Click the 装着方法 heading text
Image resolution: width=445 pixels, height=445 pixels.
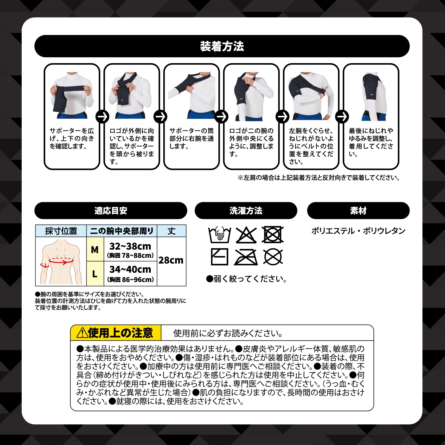[222, 46]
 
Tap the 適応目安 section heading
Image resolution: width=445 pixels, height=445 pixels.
[111, 211]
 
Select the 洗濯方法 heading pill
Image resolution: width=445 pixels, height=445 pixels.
[246, 211]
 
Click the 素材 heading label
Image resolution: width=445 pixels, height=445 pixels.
[358, 211]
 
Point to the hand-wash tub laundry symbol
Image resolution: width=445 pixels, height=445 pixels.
[219, 235]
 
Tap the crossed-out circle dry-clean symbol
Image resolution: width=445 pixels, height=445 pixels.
[273, 257]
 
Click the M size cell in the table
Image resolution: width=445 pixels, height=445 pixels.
[95, 249]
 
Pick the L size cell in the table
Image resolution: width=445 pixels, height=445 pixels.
[95, 274]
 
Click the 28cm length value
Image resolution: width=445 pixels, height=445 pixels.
[171, 260]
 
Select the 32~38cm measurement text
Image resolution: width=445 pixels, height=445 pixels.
[130, 246]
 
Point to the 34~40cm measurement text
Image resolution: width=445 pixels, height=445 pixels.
[130, 269]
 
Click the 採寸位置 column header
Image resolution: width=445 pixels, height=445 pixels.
[61, 231]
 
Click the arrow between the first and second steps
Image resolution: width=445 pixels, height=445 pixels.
[102, 117]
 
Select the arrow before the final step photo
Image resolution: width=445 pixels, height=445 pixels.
[342, 117]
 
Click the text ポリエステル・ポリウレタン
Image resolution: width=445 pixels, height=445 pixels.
[358, 231]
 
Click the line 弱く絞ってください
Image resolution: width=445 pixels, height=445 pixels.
[247, 279]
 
